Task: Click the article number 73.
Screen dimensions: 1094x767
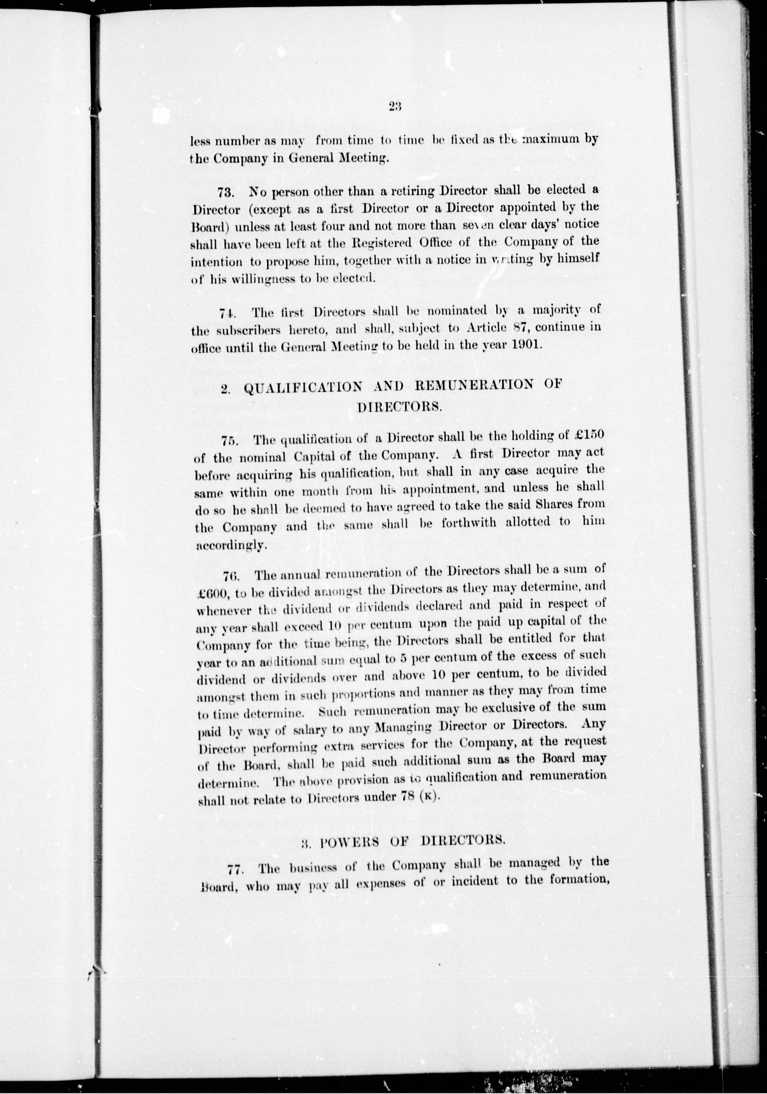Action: pos(225,193)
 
